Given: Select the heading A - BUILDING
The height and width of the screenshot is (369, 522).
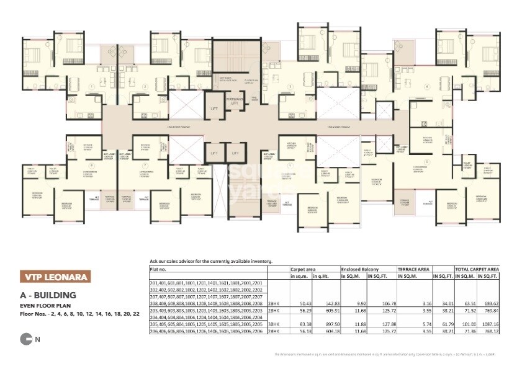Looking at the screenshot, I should pos(48,295).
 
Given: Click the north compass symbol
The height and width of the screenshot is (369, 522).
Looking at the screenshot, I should pos(26,339).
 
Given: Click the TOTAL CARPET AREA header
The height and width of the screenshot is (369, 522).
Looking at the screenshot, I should pos(477,270).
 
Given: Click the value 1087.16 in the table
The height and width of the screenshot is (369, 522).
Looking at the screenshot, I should pos(490,324).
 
